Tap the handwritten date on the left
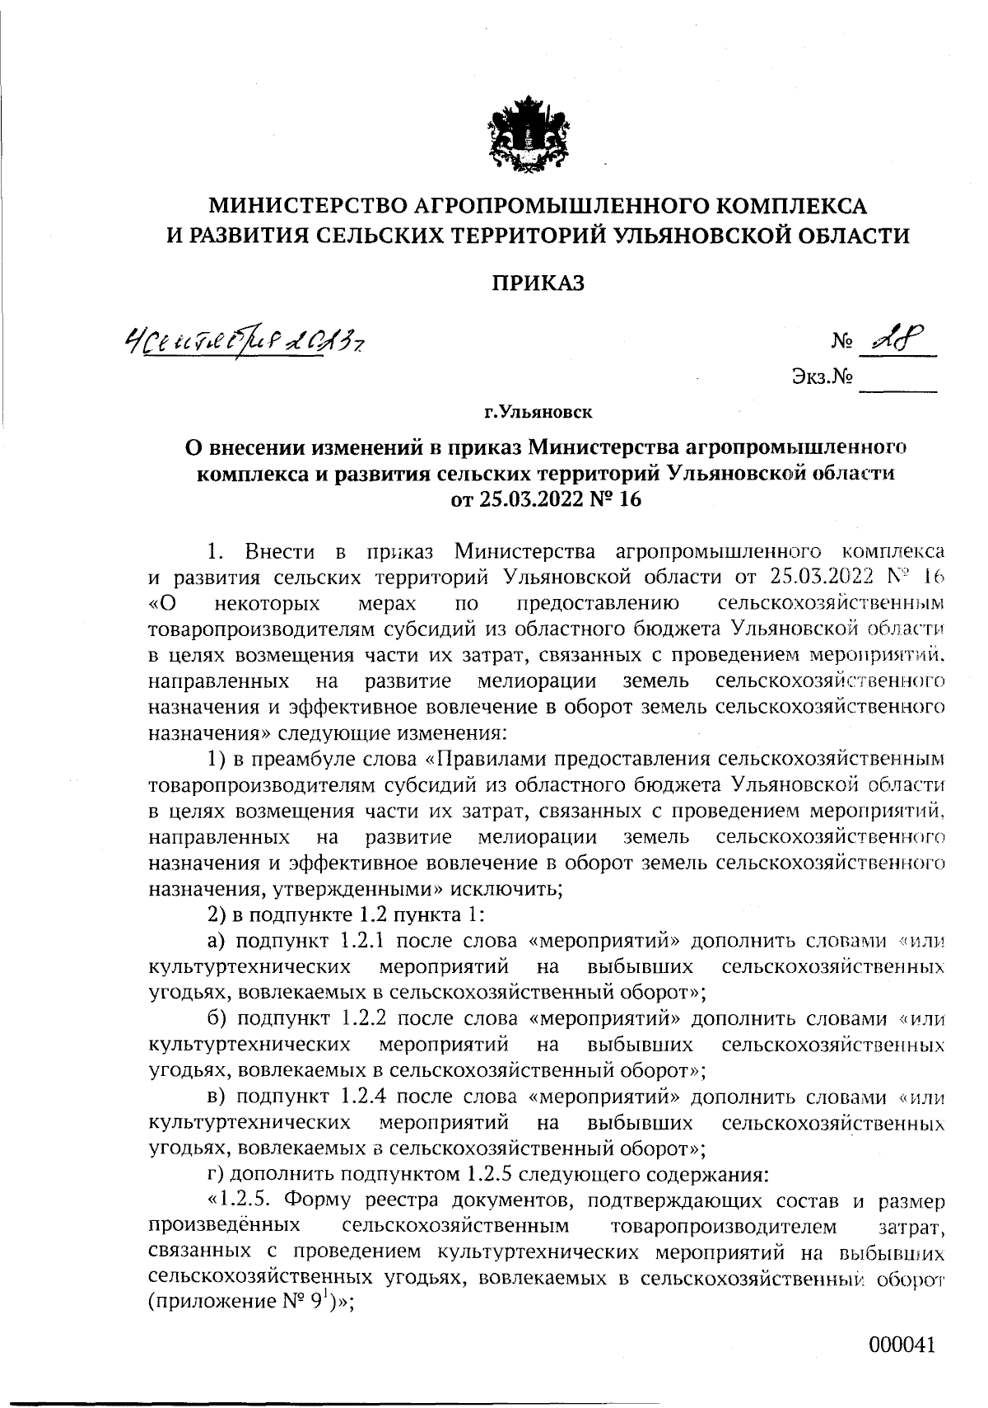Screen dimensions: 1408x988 244,338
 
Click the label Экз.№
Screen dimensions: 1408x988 820,378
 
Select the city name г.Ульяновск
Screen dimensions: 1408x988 538,409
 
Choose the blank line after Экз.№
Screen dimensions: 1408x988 898,384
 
